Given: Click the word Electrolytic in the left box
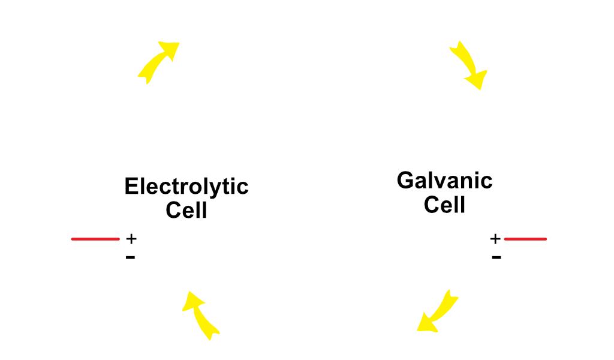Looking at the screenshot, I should tap(186, 187).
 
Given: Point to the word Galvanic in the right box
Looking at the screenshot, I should tap(444, 181).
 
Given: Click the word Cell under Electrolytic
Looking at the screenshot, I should tap(186, 211).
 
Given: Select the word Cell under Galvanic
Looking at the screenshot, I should tap(444, 205).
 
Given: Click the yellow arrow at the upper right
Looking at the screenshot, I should tap(467, 64).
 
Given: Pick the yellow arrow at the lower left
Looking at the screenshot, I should tap(201, 314).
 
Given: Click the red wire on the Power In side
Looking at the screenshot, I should tap(95, 239).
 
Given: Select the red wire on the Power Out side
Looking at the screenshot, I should tap(525, 239).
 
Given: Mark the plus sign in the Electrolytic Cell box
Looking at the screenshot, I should tap(131, 239).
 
